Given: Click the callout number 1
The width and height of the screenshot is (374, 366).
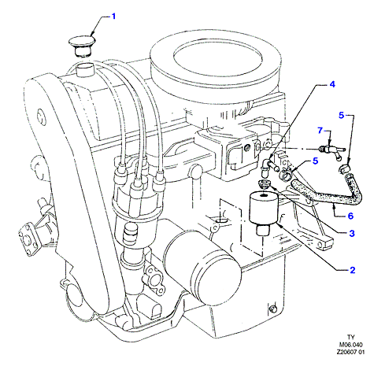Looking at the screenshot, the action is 113,17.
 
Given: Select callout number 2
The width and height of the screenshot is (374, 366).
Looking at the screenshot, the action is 352,270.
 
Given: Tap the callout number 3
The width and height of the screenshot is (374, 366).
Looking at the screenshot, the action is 352,233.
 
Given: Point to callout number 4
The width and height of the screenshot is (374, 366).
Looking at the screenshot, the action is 332,84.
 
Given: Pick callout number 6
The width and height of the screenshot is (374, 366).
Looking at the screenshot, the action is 350,216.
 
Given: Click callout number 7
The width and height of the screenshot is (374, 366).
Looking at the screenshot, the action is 320,130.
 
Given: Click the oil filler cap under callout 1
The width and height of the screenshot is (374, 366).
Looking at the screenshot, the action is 82,46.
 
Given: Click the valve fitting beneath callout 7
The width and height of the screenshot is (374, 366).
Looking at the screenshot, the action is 331,151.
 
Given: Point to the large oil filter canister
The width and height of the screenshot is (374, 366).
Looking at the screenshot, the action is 202,267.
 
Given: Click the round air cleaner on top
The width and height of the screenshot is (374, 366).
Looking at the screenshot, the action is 216,61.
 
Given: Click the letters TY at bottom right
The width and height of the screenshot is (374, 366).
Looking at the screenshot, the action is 351,337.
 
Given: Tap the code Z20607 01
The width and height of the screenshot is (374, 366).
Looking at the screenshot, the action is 350,352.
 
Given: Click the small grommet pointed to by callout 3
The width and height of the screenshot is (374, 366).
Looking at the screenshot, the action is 264,184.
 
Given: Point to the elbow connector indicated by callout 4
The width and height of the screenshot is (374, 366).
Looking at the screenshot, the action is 265,168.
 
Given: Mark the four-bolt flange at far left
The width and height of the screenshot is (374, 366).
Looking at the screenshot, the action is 28,239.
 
